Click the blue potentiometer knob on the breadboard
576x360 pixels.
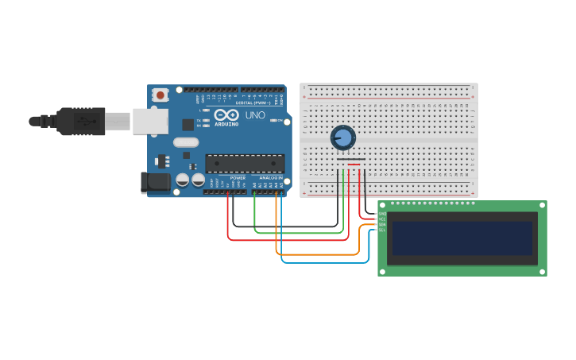pos(342,137)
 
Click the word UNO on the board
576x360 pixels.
pos(255,115)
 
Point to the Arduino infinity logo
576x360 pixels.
pos(226,114)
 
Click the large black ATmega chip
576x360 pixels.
pos(245,164)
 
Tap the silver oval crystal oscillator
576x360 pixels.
pos(185,143)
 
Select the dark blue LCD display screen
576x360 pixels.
pos(462,238)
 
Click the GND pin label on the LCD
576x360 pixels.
pos(382,214)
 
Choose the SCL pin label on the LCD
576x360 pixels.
pos(382,230)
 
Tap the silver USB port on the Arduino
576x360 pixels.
pos(150,121)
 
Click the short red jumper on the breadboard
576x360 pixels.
pos(354,165)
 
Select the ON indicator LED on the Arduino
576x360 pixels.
pos(274,120)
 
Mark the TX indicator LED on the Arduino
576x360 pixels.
pos(206,120)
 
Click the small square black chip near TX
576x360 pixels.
pos(188,125)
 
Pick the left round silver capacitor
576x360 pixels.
pos(183,180)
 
